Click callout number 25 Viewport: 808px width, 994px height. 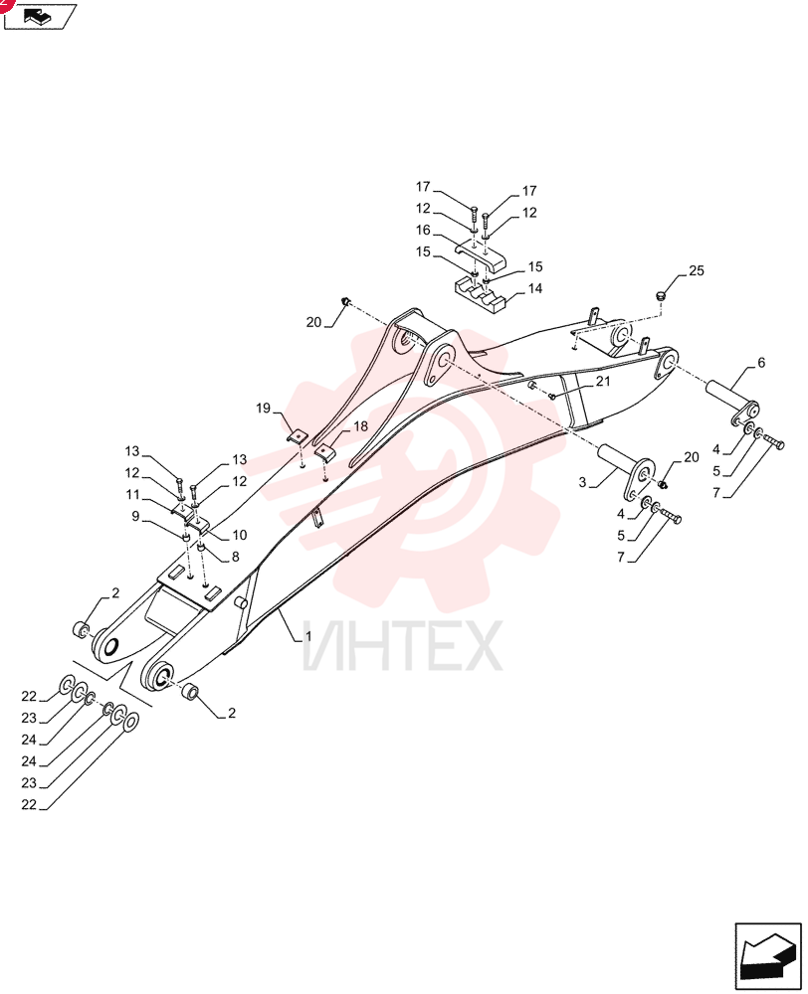click(x=697, y=270)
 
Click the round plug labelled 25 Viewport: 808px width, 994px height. click(x=660, y=295)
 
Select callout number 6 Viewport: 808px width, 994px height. click(x=761, y=363)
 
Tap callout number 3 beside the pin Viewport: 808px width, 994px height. click(x=582, y=482)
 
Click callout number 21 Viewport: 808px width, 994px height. click(x=602, y=381)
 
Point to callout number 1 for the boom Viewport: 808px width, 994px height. click(x=308, y=635)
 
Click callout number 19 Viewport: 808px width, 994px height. click(x=264, y=409)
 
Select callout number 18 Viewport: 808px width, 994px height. click(x=360, y=426)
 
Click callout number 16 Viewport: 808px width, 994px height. click(x=423, y=231)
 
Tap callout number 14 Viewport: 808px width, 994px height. click(x=535, y=288)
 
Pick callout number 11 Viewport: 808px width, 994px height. click(x=132, y=494)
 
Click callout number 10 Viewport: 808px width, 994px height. click(x=239, y=535)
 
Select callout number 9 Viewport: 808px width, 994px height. click(x=135, y=517)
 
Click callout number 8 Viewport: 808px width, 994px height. click(x=236, y=557)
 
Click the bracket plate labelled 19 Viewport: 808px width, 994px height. click(x=296, y=436)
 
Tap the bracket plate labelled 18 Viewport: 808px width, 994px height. click(x=324, y=452)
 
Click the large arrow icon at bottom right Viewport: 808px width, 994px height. click(x=768, y=956)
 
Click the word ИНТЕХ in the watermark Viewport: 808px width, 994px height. click(x=402, y=646)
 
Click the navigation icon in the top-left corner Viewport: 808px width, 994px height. click(x=40, y=16)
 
